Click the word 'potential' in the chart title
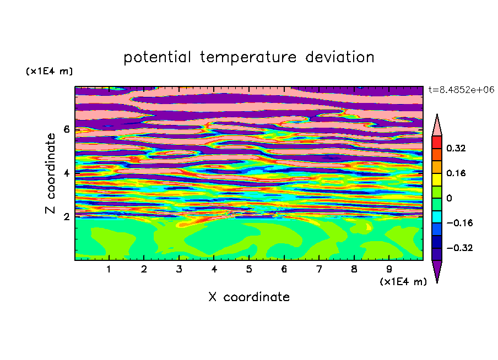click(x=157, y=57)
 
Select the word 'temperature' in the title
click(x=248, y=57)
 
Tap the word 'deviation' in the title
click(x=340, y=57)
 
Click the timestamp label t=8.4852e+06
click(x=461, y=90)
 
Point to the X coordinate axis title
click(x=249, y=297)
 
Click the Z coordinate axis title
click(x=50, y=173)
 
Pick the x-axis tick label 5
click(x=249, y=270)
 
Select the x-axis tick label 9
click(x=389, y=270)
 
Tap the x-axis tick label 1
click(x=109, y=270)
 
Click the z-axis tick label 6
click(x=66, y=129)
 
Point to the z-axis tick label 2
click(x=66, y=217)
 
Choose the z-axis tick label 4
click(x=66, y=173)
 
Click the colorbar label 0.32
click(x=456, y=148)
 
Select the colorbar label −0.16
click(x=459, y=223)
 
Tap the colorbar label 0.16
click(x=456, y=173)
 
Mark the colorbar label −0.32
click(x=459, y=248)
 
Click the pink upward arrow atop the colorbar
click(x=437, y=127)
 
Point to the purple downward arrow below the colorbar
click(x=437, y=270)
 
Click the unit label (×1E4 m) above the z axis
click(x=49, y=71)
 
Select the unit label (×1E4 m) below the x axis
click(x=403, y=282)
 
